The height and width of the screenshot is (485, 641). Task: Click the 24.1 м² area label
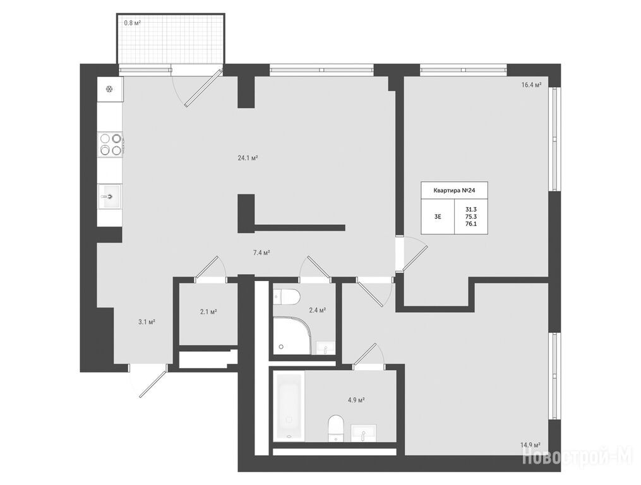pyautogui.click(x=248, y=158)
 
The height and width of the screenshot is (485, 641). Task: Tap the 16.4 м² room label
pyautogui.click(x=531, y=85)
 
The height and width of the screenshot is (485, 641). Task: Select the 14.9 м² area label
pyautogui.click(x=530, y=445)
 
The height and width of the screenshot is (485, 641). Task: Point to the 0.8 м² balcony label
pyautogui.click(x=133, y=23)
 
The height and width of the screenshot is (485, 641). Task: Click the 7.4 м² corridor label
pyautogui.click(x=261, y=253)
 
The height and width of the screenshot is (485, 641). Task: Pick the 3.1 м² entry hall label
pyautogui.click(x=147, y=322)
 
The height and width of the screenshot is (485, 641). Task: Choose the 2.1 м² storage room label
pyautogui.click(x=208, y=311)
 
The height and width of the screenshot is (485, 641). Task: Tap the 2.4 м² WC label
pyautogui.click(x=317, y=310)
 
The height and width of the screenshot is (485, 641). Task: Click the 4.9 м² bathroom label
pyautogui.click(x=356, y=400)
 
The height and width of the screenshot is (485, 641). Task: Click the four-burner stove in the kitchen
pyautogui.click(x=111, y=145)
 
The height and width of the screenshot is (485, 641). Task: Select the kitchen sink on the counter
pyautogui.click(x=109, y=196)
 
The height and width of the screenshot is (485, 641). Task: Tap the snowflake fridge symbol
pyautogui.click(x=109, y=90)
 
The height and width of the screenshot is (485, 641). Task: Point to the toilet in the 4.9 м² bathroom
pyautogui.click(x=336, y=428)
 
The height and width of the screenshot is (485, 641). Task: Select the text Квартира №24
pyautogui.click(x=454, y=190)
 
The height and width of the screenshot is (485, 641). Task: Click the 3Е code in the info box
pyautogui.click(x=438, y=217)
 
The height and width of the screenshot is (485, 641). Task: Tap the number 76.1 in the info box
pyautogui.click(x=471, y=224)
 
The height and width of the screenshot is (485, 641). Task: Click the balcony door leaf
pyautogui.click(x=203, y=88)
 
